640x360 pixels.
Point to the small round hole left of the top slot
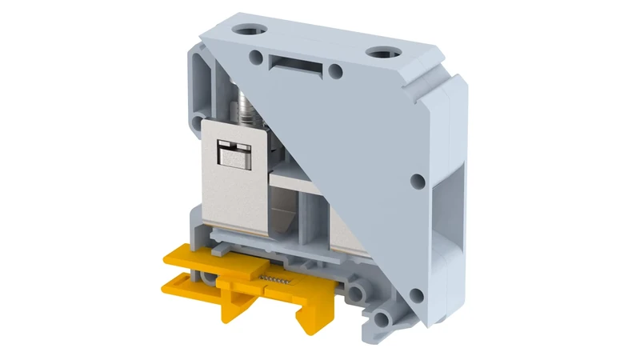256,57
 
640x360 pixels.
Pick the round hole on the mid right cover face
418,182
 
